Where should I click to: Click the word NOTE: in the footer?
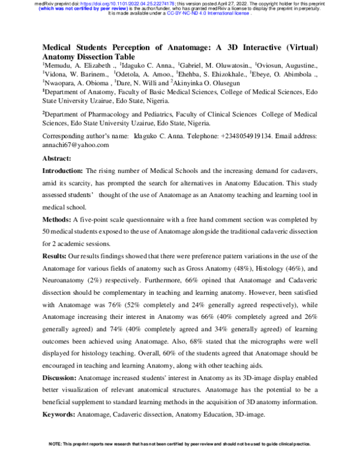56,444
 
